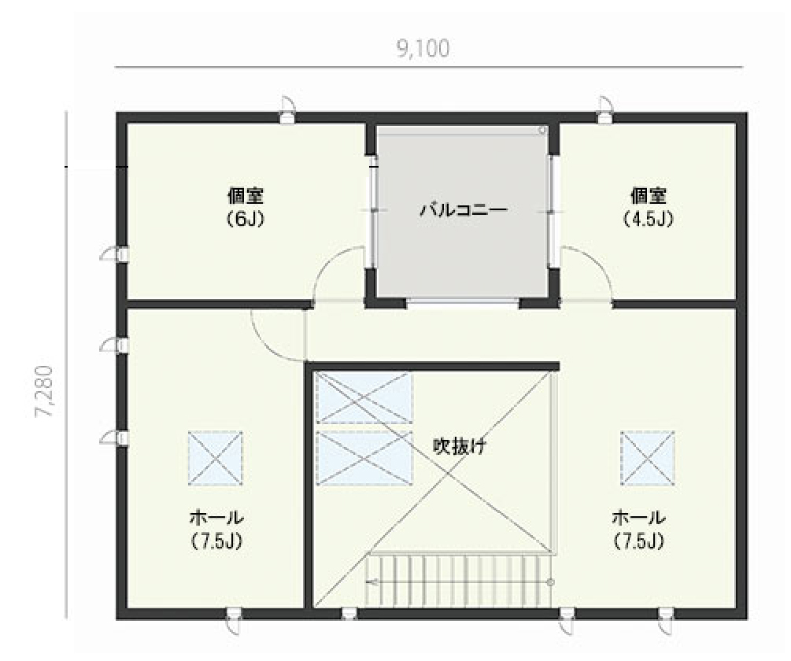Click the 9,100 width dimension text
coord(423,49)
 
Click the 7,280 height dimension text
coord(44,391)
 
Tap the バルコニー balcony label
coord(464,209)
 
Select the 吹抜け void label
coord(460,445)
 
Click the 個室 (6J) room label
coord(245,207)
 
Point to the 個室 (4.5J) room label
coord(649,207)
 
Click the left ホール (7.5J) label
coord(216,528)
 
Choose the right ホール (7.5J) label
coord(638,528)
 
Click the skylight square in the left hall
coord(216,458)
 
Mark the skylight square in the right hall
coord(648,458)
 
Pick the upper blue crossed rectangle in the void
coord(364,397)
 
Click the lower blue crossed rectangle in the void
coord(364,458)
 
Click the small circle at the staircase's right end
coord(550,582)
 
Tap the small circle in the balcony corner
coord(542,130)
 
